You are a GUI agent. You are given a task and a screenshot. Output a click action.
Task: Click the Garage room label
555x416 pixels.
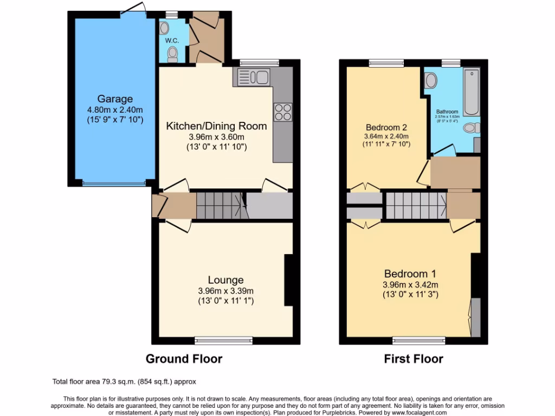[x=115, y=99]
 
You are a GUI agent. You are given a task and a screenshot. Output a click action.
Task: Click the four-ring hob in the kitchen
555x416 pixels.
[x=283, y=112]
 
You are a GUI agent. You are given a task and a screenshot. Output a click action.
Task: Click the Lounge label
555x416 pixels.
[x=225, y=280]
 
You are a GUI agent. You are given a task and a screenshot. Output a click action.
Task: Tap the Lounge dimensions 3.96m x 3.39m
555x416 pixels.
[x=225, y=290]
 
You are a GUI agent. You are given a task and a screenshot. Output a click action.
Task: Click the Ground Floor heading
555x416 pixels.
[x=184, y=359]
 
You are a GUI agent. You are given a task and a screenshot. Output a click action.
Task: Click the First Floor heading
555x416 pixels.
[x=413, y=359]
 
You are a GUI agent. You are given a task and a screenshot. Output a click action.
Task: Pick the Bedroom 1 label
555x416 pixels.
[x=410, y=274]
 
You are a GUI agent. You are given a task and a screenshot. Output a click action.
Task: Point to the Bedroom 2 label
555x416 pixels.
[x=386, y=127]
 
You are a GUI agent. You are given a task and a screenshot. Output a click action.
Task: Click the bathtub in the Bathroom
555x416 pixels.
[x=471, y=92]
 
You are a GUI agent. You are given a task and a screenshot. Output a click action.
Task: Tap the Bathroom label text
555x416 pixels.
[x=447, y=112]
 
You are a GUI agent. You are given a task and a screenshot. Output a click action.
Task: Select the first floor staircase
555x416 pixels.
[x=416, y=205]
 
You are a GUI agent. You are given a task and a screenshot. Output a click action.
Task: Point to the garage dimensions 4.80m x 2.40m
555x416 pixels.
[x=115, y=109]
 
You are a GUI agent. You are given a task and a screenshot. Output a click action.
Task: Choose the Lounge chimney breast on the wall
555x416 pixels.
[x=288, y=280]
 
